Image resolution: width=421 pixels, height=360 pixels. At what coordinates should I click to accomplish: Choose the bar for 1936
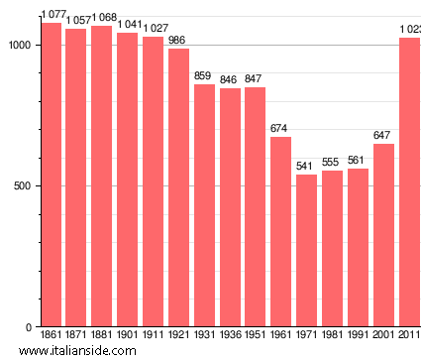[230, 207]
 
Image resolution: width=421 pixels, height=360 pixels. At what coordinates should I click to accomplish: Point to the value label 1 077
[53, 15]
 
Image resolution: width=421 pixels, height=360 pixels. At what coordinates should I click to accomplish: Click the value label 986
[177, 41]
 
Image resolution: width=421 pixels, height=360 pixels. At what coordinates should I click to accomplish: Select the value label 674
[280, 129]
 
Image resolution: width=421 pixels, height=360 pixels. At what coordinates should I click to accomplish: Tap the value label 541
[306, 166]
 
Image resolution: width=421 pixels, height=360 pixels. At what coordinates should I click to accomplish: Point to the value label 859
[204, 76]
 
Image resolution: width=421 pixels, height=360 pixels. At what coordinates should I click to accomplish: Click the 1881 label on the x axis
[101, 335]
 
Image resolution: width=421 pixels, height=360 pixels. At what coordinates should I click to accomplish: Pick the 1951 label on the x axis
[255, 335]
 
